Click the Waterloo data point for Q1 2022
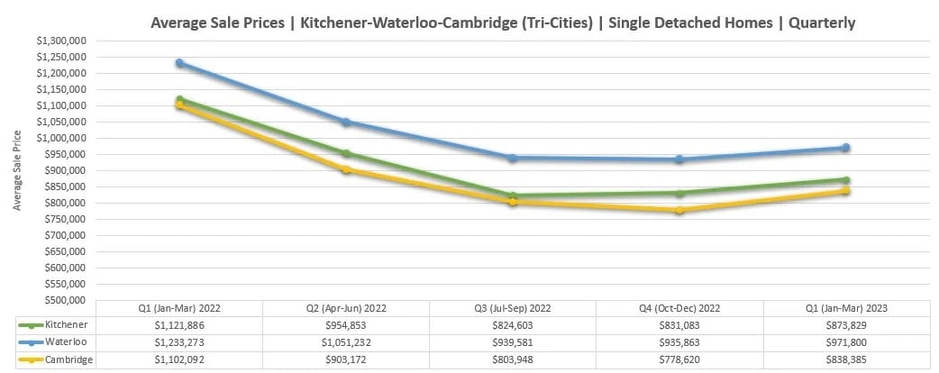tap(180, 63)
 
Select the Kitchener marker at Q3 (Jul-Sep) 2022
tap(513, 196)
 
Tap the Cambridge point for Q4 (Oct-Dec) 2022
tap(679, 210)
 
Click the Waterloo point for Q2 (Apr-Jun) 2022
tap(346, 122)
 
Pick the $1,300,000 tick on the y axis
tap(59, 41)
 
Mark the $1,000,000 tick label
tap(59, 138)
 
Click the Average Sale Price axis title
tap(17, 170)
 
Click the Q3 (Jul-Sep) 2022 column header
tap(513, 308)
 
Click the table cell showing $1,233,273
tap(179, 342)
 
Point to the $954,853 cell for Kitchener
tap(346, 324)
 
